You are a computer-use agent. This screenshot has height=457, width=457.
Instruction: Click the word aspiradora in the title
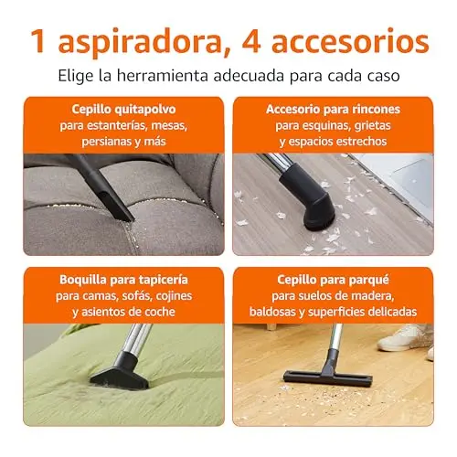pyautogui.click(x=139, y=42)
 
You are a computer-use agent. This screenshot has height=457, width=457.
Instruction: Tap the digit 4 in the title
pyautogui.click(x=251, y=41)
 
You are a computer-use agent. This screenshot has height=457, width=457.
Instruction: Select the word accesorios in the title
pyautogui.click(x=350, y=41)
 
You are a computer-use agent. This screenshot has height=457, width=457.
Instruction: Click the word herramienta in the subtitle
pyautogui.click(x=163, y=75)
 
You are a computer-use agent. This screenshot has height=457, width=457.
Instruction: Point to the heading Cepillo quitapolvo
pyautogui.click(x=123, y=109)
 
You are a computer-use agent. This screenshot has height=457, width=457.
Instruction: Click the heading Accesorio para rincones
pyautogui.click(x=333, y=109)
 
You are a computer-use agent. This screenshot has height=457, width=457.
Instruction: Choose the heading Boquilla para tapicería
pyautogui.click(x=123, y=280)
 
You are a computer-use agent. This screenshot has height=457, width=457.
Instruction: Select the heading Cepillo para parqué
pyautogui.click(x=333, y=280)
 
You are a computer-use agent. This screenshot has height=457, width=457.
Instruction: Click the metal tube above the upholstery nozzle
pyautogui.click(x=138, y=339)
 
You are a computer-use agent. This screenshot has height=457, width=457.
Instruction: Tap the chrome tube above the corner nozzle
pyautogui.click(x=273, y=160)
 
